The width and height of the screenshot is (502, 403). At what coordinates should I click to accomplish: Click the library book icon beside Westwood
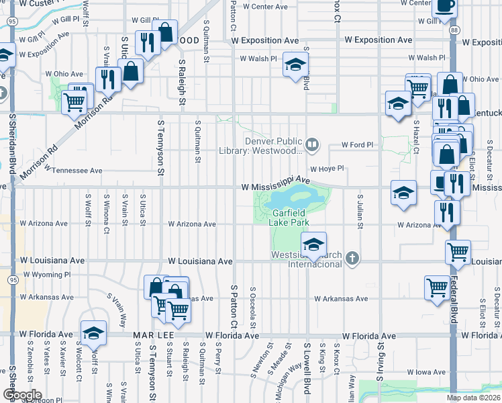[x=311, y=143]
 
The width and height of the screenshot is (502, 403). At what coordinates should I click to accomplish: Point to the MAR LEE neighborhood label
[x=153, y=334]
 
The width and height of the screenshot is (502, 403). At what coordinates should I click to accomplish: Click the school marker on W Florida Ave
[x=93, y=332]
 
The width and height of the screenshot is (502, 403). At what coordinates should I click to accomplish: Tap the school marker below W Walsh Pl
[x=294, y=65]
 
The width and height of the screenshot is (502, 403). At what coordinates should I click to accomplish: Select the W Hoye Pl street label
[x=326, y=169]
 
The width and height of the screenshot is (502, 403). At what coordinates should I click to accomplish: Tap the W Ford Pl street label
[x=356, y=144]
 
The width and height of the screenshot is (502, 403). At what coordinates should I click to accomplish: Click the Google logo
[x=21, y=395]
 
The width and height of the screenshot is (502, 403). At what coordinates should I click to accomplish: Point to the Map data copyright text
[x=473, y=398]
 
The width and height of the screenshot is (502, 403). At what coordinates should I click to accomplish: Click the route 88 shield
[x=455, y=30]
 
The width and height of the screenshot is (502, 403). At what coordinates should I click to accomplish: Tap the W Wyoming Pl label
[x=47, y=275]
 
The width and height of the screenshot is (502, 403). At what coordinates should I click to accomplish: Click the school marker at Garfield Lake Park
[x=313, y=245]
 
